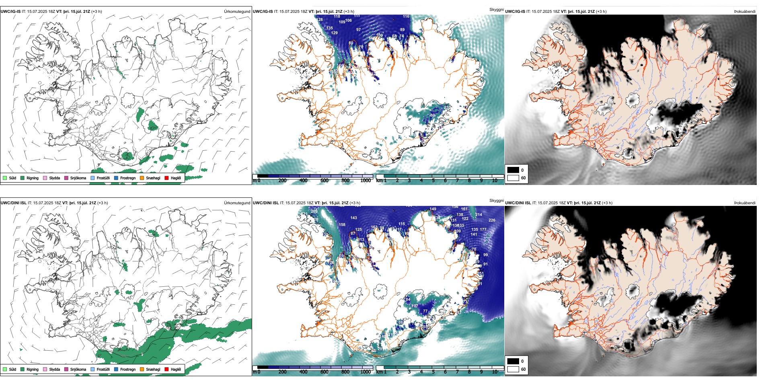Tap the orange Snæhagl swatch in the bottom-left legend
142,369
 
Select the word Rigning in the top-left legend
33,178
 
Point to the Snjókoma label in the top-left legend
78,178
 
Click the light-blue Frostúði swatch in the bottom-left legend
92,369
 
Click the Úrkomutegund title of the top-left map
237,12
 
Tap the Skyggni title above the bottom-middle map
496,201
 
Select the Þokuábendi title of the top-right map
745,12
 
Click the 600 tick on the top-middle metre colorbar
324,181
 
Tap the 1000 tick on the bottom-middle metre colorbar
366,372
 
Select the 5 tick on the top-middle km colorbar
433,181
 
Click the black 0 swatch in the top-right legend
513,170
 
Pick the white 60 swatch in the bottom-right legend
513,369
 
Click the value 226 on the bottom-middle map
492,220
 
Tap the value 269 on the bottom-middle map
314,212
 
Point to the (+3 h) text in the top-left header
97,12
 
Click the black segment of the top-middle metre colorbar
263,176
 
